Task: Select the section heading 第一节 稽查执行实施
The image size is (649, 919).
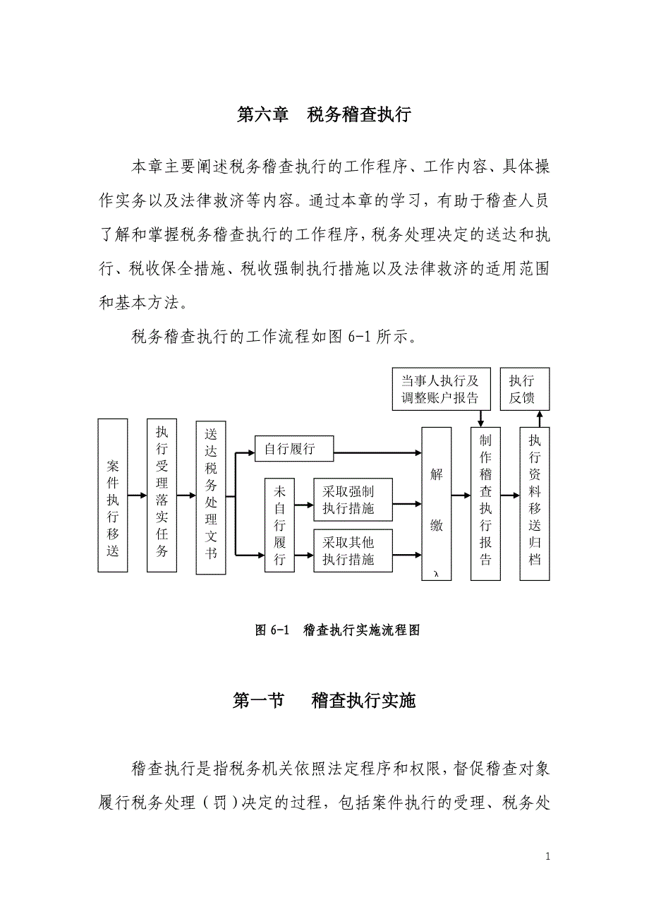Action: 324,701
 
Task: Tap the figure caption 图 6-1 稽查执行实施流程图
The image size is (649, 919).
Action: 337,630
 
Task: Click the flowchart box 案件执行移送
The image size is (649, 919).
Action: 113,495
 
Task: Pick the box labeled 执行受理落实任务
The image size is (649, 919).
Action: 162,495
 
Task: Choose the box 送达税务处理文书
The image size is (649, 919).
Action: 211,495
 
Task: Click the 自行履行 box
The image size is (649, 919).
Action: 293,449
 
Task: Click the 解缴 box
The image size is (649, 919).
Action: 437,503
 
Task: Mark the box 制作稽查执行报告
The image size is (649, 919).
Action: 485,503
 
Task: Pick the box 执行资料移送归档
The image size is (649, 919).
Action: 535,503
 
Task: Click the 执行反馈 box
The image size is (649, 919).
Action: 525,389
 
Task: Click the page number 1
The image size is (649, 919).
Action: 548,857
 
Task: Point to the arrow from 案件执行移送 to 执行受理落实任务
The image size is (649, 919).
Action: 138,495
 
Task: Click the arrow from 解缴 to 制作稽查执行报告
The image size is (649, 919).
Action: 461,495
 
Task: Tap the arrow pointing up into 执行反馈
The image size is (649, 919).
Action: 540,419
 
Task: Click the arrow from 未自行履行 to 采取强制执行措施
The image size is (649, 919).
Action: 304,505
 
